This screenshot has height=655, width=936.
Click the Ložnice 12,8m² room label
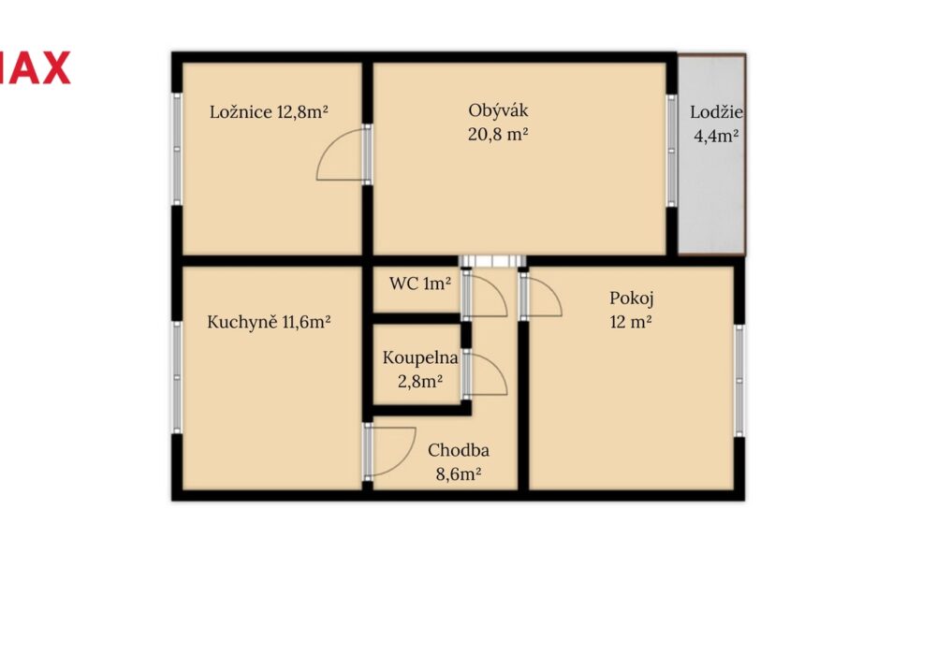pos(269,111)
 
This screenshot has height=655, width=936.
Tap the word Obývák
pos(498,111)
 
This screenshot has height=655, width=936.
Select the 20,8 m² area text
pos(498,134)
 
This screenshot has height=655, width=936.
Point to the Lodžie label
pos(716,112)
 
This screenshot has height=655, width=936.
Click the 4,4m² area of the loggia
pos(716,136)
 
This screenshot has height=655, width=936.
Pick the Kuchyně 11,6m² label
pos(269,322)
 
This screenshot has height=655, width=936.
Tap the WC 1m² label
pos(420,284)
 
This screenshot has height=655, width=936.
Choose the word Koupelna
pos(420,358)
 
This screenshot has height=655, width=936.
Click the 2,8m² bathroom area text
pos(420,381)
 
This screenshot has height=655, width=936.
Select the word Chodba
pos(459,450)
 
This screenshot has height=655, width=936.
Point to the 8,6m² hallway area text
pos(459,474)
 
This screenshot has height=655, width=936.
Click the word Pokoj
pos(632,298)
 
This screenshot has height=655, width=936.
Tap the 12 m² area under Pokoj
pos(630,322)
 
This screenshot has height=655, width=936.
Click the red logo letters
pos(35,67)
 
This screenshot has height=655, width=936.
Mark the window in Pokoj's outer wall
pos(739,381)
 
